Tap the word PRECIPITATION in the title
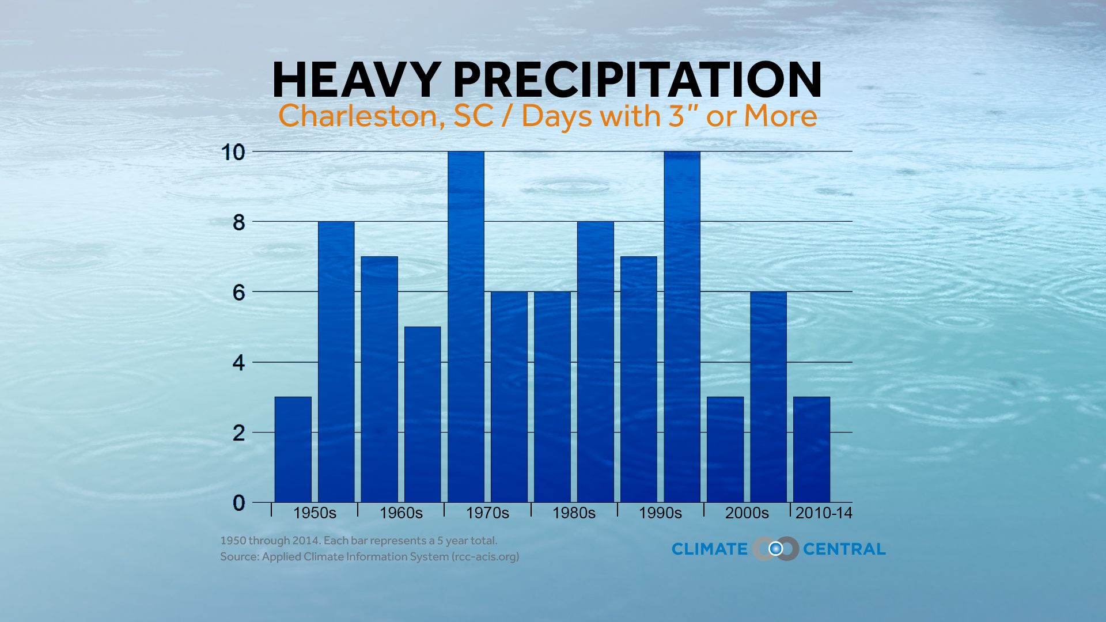(638, 80)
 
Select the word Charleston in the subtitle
(358, 116)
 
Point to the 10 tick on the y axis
(233, 153)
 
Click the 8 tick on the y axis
(238, 223)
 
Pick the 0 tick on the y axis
(238, 503)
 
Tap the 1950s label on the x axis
(315, 513)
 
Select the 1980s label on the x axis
(574, 513)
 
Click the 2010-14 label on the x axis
(823, 513)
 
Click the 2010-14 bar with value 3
(812, 449)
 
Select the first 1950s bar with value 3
(293, 449)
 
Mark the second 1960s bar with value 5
(422, 415)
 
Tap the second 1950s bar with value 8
(336, 362)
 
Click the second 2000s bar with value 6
(768, 397)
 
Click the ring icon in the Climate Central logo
(776, 549)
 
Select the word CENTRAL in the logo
(844, 549)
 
